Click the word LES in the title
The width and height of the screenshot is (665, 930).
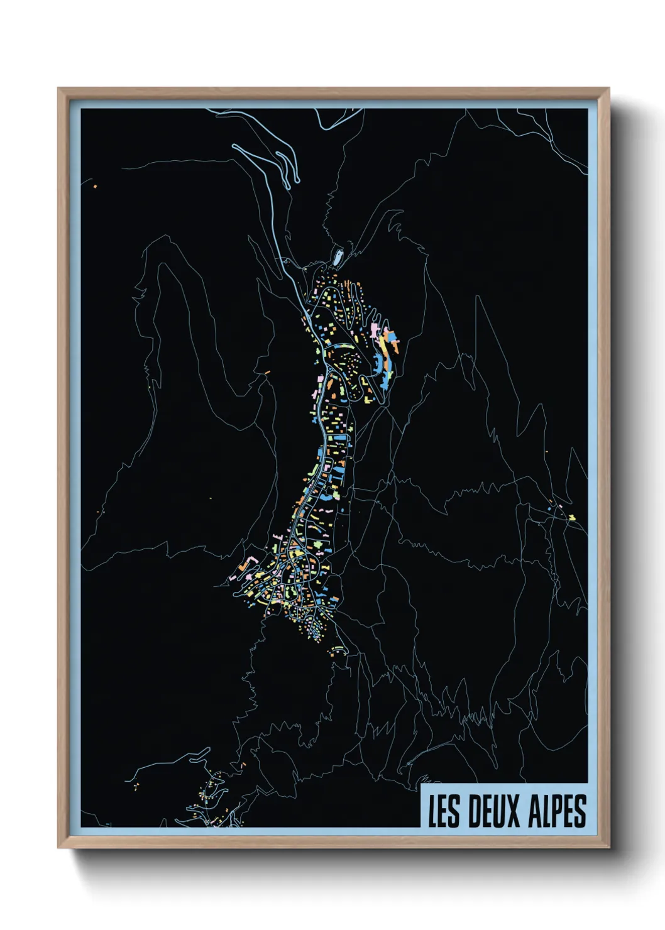point(443,811)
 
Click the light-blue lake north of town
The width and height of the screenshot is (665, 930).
point(338,256)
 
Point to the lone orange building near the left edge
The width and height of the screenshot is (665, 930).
point(95,187)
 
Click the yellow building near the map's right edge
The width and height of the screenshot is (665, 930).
point(572,518)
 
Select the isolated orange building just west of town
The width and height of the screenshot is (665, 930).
point(267,373)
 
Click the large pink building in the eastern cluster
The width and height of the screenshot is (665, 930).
point(375,329)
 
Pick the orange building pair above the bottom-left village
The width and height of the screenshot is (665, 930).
point(243,765)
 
